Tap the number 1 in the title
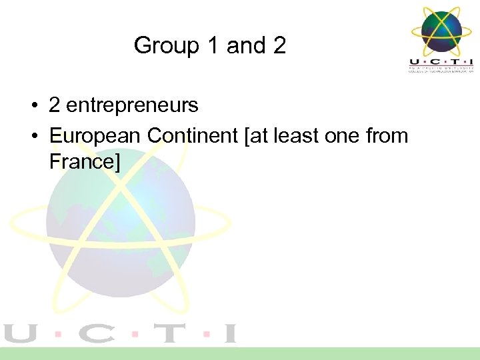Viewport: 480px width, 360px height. pyautogui.click(x=211, y=46)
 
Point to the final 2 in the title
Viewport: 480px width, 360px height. pyautogui.click(x=279, y=46)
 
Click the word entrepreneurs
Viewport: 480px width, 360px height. pyautogui.click(x=133, y=105)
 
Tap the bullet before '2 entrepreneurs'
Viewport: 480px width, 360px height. pyautogui.click(x=32, y=105)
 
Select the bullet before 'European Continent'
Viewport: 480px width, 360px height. pyautogui.click(x=32, y=136)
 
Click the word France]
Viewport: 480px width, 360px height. pyautogui.click(x=85, y=161)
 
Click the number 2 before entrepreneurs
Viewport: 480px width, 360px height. pyautogui.click(x=55, y=105)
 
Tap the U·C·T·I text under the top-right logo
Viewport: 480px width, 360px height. pyautogui.click(x=441, y=61)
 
